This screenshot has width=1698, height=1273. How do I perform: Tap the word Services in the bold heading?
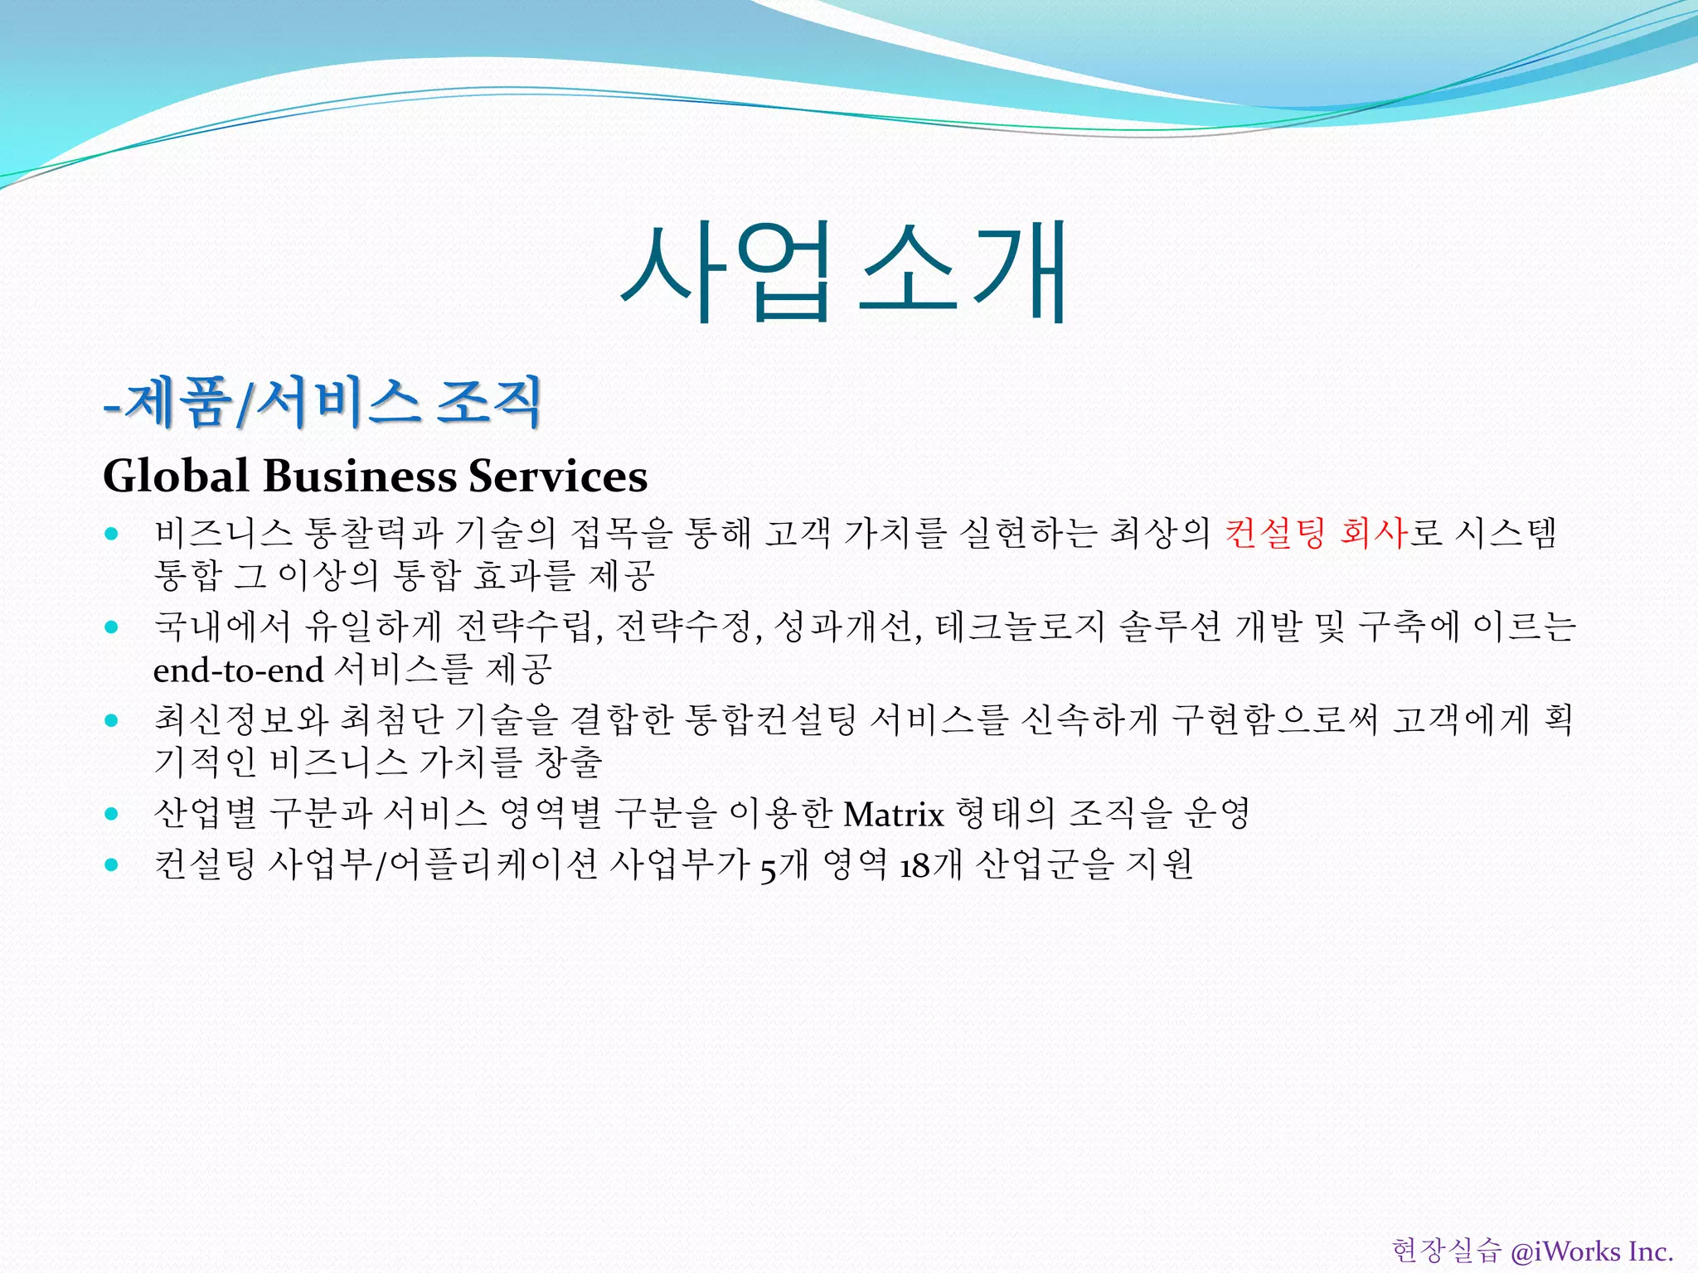557,477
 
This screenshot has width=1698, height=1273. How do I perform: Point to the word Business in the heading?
360,477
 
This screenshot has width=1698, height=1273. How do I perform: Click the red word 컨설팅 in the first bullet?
1274,533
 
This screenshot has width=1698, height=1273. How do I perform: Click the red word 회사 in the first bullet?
1373,533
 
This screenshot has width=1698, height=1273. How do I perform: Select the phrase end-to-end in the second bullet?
238,670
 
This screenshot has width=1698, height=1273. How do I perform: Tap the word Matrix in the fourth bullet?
894,815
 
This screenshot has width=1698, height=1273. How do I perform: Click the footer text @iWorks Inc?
1591,1251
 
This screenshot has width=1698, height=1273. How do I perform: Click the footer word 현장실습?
1446,1251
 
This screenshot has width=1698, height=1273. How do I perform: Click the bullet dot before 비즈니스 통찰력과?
112,534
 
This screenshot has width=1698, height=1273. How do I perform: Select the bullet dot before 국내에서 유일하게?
112,627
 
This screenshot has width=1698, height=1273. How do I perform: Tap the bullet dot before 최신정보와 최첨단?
112,720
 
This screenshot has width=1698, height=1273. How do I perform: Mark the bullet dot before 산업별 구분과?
112,814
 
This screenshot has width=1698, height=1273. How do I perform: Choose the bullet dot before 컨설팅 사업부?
112,865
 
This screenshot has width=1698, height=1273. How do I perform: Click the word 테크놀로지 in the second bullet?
1021,627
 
